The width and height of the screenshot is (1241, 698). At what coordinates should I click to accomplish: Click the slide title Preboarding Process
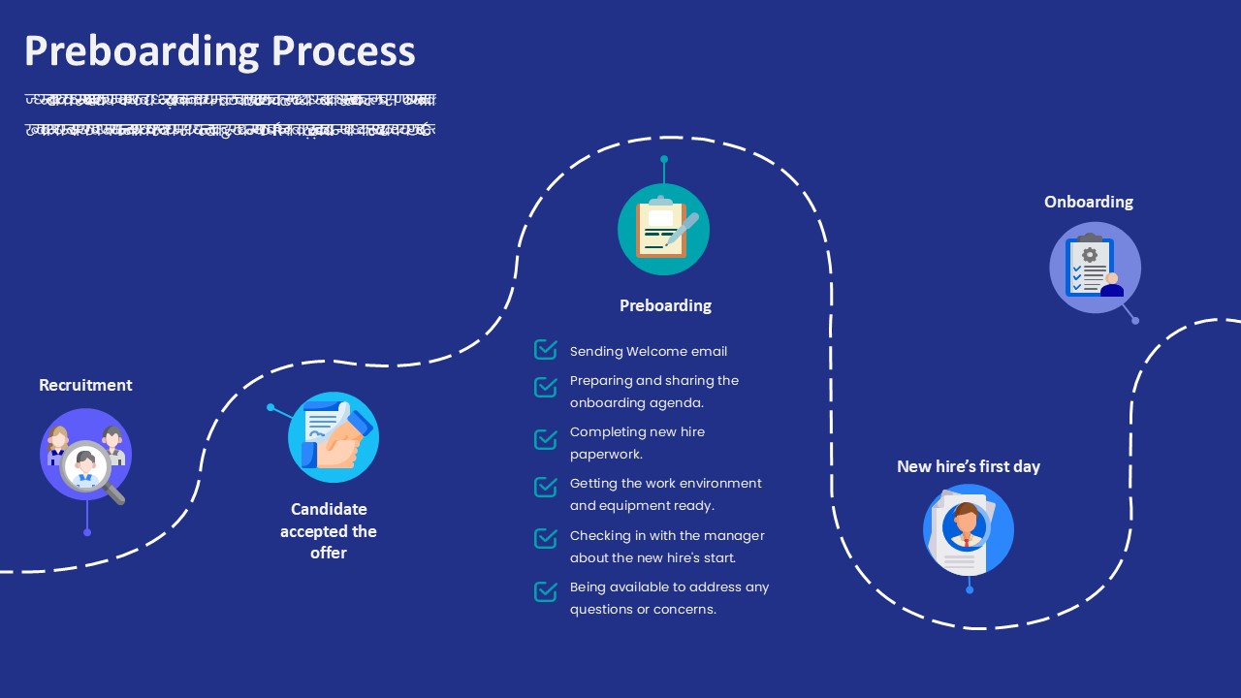tap(219, 50)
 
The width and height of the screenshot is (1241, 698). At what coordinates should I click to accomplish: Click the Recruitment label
tap(85, 385)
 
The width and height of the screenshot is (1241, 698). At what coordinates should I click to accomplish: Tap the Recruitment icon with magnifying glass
tap(85, 455)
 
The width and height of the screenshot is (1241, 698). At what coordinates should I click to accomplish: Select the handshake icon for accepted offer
tap(334, 437)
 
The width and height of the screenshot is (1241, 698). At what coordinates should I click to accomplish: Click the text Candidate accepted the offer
tap(329, 530)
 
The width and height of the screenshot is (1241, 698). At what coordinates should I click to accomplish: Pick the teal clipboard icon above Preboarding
tap(663, 230)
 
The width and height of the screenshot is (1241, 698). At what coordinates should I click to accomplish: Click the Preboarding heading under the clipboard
tap(665, 305)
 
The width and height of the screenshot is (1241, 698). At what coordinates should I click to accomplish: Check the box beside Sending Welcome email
tap(546, 349)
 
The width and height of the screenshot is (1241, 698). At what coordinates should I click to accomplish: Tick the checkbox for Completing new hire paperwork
tap(546, 439)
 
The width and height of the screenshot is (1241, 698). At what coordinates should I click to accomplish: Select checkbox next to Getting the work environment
tap(546, 486)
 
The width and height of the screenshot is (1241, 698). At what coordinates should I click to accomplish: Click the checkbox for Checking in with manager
tap(546, 538)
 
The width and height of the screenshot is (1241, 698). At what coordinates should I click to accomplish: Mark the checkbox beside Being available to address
tap(546, 590)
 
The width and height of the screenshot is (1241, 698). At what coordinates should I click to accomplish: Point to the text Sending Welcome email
tap(648, 352)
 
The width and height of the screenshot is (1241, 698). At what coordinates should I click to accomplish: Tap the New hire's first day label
tap(968, 466)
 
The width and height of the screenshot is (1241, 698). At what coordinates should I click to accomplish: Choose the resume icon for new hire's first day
tap(968, 530)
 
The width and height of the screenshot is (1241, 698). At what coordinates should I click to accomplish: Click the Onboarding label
tap(1088, 202)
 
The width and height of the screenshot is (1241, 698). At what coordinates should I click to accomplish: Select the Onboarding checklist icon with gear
tap(1095, 268)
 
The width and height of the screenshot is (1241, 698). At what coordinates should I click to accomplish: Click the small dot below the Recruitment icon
tap(87, 532)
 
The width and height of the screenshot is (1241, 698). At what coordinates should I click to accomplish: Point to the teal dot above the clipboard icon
tap(664, 159)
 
